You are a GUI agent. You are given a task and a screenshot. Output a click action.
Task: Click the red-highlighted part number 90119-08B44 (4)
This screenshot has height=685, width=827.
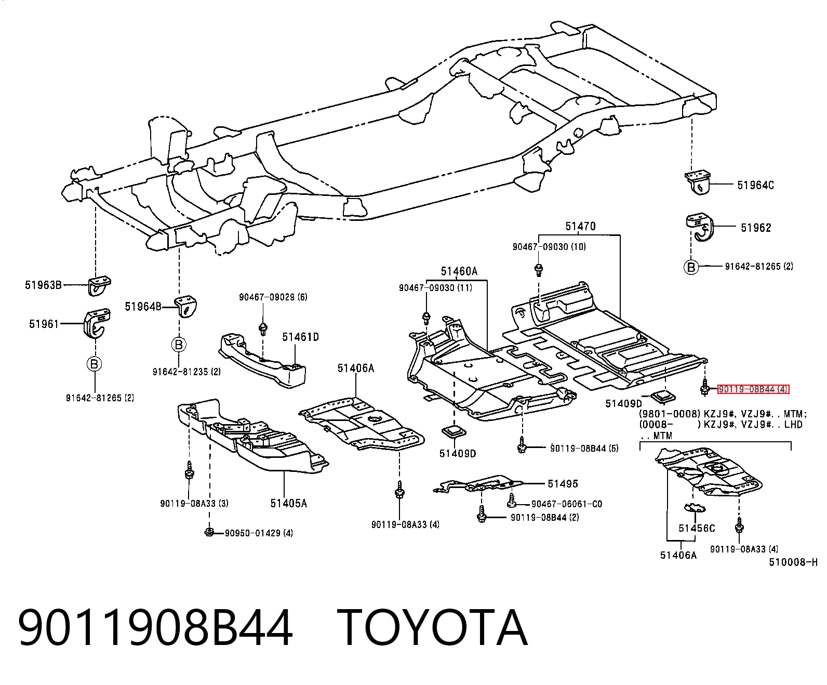pos(753,389)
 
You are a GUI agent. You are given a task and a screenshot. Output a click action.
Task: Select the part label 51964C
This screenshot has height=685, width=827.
pos(755,185)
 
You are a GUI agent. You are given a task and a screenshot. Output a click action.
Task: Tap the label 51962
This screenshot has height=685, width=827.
pos(756,228)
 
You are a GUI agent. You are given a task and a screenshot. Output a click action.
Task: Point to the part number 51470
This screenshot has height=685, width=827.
pos(580,226)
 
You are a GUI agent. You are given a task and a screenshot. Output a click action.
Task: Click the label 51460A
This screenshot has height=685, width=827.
pos(459,271)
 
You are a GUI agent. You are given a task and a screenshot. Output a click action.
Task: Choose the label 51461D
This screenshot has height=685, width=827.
pos(300,337)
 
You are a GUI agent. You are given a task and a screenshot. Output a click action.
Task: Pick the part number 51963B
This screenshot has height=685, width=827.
pos(43,285)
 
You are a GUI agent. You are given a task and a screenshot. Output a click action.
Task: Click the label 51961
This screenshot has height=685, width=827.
pos(44,324)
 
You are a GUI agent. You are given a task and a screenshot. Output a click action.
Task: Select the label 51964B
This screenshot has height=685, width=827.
pos(143,307)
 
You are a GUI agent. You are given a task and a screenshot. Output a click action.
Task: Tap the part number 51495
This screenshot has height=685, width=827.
pos(563,484)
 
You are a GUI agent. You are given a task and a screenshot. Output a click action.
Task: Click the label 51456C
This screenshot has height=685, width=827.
pos(696,528)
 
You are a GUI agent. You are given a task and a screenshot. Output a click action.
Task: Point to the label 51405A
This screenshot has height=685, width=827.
pos(288,503)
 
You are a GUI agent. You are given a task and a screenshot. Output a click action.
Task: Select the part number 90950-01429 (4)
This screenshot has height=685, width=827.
pos(259,533)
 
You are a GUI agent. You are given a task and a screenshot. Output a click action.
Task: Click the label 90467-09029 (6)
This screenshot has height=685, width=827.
pos(273,297)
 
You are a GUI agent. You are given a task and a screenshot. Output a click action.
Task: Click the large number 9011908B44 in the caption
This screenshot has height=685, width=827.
pos(155,628)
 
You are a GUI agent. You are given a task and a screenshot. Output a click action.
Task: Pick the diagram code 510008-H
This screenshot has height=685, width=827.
pos(793,562)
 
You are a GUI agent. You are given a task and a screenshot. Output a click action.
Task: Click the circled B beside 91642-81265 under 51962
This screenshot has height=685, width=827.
pos(691,267)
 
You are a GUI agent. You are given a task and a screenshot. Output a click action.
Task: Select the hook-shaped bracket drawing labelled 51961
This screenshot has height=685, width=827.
pos(96,323)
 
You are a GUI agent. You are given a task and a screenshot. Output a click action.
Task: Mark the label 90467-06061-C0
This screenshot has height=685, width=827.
pos(567,504)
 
